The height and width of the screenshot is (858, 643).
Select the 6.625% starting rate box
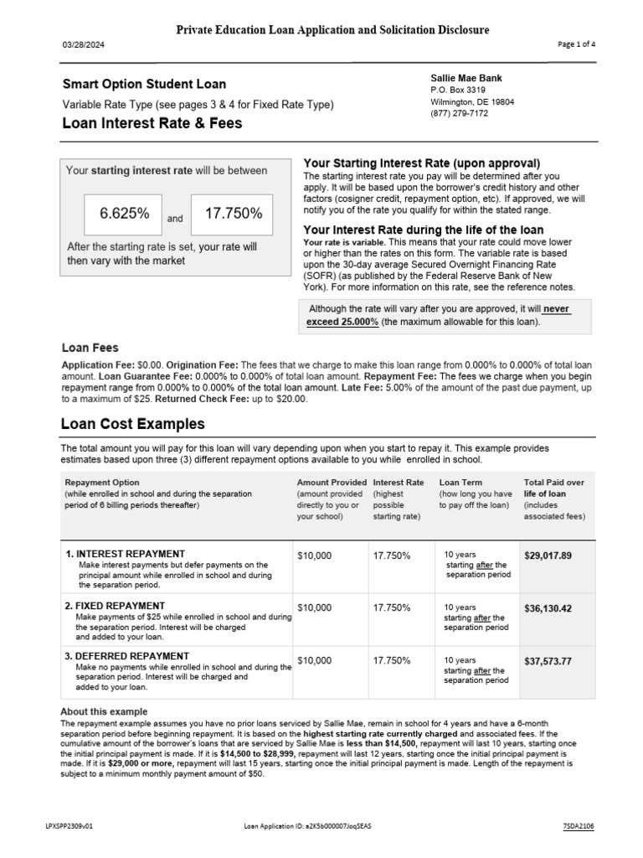(x=125, y=214)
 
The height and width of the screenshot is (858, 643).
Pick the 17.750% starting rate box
(x=232, y=214)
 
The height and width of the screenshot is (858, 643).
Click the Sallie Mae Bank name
(x=466, y=78)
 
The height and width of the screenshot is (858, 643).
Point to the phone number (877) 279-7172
(x=460, y=114)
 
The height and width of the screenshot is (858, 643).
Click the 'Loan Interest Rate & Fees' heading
(x=152, y=123)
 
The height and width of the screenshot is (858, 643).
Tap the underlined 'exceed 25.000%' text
(x=343, y=322)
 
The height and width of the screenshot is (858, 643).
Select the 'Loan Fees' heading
(x=90, y=348)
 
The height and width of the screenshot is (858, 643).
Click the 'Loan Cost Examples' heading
(x=133, y=424)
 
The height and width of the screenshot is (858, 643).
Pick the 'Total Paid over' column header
(x=554, y=483)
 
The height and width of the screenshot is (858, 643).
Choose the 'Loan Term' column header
(x=461, y=483)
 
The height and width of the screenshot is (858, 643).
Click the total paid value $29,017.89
(x=548, y=556)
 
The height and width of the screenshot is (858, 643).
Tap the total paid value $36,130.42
(x=548, y=608)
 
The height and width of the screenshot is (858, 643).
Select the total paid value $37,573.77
(x=548, y=661)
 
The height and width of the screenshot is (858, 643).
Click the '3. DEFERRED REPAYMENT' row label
(x=127, y=656)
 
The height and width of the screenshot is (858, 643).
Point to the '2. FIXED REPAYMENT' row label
(x=116, y=606)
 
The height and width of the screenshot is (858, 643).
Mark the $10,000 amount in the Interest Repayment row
(x=315, y=556)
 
